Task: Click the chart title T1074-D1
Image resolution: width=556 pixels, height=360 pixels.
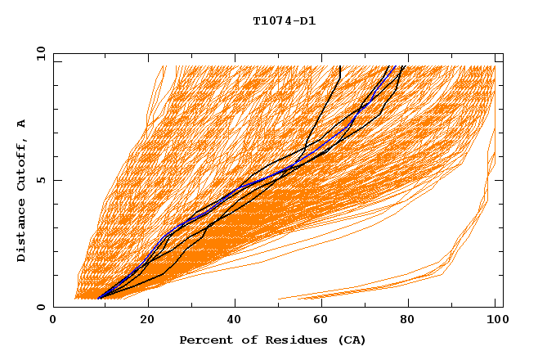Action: pyautogui.click(x=284, y=21)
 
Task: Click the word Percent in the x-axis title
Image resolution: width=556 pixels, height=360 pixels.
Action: pyautogui.click(x=202, y=340)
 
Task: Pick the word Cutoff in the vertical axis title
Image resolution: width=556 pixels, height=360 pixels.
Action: pyautogui.click(x=21, y=164)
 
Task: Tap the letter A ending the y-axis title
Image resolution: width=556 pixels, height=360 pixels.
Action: pyautogui.click(x=21, y=124)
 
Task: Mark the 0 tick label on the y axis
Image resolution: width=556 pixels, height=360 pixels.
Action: pyautogui.click(x=42, y=307)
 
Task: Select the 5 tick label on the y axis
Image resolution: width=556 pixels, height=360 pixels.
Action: pyautogui.click(x=42, y=180)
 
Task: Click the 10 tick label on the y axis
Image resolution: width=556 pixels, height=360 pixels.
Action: pyautogui.click(x=39, y=53)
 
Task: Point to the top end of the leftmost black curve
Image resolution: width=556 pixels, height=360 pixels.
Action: pyautogui.click(x=339, y=67)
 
